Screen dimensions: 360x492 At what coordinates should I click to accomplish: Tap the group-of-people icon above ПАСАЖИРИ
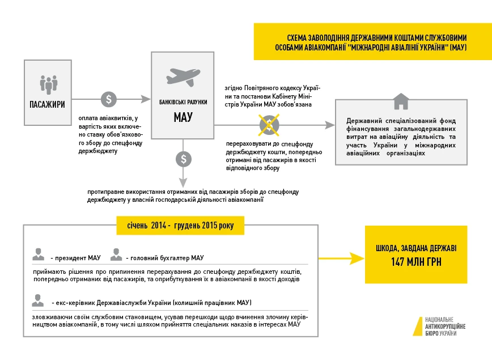pos(48,84)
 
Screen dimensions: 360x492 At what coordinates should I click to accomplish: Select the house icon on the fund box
pos(401,101)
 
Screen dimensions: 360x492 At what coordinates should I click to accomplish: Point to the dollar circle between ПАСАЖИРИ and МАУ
pos(109,100)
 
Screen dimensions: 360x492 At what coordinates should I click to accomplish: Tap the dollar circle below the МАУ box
pos(183,159)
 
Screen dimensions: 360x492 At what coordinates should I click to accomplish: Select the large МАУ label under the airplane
pos(183,117)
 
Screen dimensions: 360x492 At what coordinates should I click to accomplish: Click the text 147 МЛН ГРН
pos(416,262)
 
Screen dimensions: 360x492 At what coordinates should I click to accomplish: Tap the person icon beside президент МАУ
pos(39,255)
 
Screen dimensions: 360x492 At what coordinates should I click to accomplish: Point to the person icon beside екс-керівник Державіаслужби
pos(39,299)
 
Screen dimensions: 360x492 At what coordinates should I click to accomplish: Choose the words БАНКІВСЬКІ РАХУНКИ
pos(183,102)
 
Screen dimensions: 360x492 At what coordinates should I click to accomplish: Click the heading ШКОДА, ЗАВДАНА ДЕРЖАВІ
pos(416,248)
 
